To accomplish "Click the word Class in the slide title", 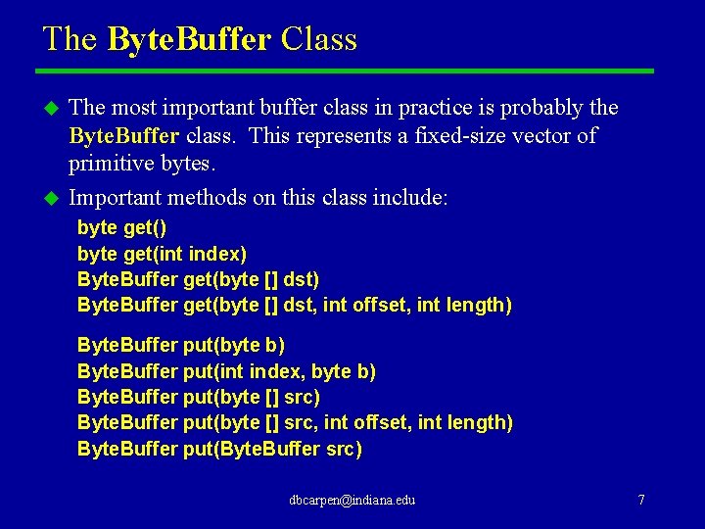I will tap(318, 39).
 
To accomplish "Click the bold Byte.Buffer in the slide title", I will tap(188, 39).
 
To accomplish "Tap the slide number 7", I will tap(641, 500).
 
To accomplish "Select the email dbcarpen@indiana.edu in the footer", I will tap(352, 500).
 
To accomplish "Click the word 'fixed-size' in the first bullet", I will tap(429, 135).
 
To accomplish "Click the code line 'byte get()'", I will tap(122, 228).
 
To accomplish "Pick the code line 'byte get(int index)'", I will tap(162, 254).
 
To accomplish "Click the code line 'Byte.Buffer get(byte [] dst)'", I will tap(198, 279).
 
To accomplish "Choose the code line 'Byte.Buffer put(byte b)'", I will tap(181, 346).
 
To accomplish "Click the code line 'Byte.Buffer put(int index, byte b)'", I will tap(226, 371).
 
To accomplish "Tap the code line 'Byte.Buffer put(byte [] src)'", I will tap(198, 397).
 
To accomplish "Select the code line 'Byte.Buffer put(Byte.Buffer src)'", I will tap(219, 449).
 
